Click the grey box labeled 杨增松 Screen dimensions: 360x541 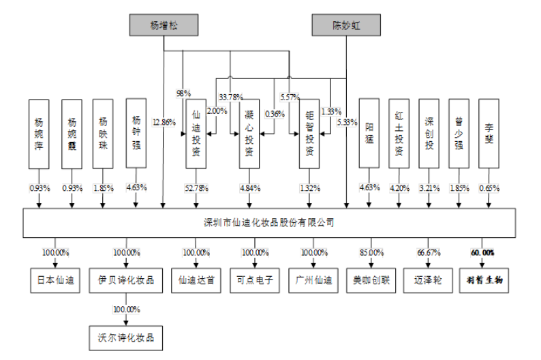click(x=164, y=26)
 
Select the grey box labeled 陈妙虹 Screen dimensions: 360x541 click(x=345, y=26)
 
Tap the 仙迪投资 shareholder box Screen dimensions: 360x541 click(x=196, y=134)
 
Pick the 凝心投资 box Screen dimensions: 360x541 click(x=249, y=134)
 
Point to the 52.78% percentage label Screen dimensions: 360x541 click(x=196, y=187)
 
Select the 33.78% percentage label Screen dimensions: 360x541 click(x=231, y=97)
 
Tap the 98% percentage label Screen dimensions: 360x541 click(x=183, y=93)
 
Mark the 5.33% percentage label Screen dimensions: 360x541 click(x=347, y=122)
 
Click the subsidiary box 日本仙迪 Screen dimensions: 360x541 click(x=54, y=280)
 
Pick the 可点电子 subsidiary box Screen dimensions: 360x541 click(x=254, y=280)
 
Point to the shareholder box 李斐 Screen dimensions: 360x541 click(x=489, y=133)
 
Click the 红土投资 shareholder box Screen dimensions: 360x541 click(x=399, y=133)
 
